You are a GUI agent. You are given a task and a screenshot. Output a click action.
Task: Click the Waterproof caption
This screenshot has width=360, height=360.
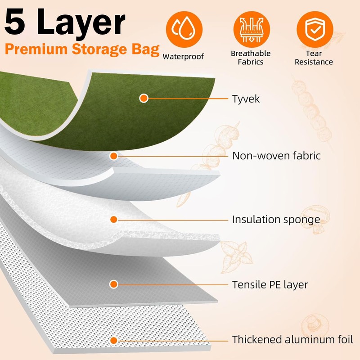coord(183,57)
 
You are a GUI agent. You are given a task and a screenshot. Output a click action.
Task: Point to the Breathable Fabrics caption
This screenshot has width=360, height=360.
coord(251,58)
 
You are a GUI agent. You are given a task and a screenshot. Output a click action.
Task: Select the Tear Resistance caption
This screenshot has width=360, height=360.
coord(314,58)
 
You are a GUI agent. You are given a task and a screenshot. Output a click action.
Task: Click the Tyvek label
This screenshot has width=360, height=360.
coord(246,99)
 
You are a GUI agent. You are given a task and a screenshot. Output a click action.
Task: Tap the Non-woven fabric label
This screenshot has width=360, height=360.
coord(276,156)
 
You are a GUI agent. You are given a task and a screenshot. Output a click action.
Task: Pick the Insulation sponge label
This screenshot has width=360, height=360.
coord(276,220)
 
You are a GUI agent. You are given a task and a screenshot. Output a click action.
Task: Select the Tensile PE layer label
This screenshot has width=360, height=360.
coord(270,284)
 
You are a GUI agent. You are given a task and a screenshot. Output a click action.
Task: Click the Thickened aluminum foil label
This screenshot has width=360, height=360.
coord(292,339)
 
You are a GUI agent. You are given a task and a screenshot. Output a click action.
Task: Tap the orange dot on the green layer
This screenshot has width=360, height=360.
coord(144,98)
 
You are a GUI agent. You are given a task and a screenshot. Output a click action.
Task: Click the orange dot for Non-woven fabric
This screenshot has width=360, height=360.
coord(114,156)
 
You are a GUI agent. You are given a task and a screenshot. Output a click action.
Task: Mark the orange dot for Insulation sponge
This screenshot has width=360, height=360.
coord(113,220)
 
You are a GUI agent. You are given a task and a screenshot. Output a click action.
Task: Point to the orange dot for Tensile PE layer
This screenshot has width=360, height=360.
coord(113,284)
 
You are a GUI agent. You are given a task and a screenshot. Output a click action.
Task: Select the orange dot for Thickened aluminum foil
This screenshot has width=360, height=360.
coord(114,340)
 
